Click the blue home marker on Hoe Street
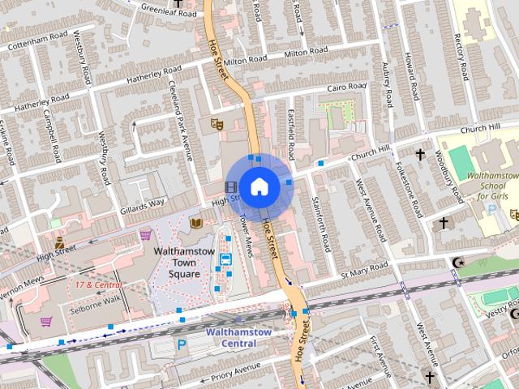(259, 186)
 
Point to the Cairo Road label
(346, 87)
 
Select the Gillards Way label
(144, 203)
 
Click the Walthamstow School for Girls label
(494, 186)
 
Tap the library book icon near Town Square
(195, 222)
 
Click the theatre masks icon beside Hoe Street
(217, 124)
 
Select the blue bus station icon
(225, 259)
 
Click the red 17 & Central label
(98, 285)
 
